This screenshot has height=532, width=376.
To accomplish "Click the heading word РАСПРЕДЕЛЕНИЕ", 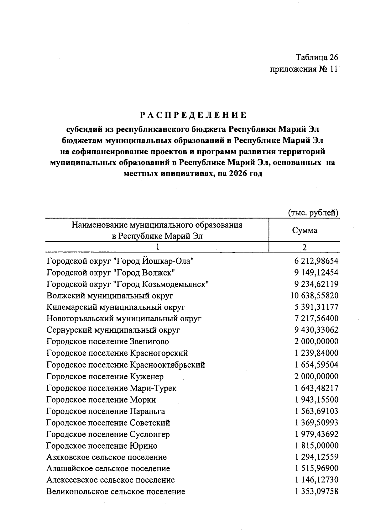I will point(193,115).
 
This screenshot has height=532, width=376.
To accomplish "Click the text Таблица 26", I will point(317,57).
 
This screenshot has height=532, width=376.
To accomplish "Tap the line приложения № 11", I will point(304,69).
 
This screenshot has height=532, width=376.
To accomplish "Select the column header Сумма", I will point(305,230).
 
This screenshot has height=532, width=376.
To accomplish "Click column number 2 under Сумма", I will point(304,247).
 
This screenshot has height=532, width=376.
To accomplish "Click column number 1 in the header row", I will point(157,247).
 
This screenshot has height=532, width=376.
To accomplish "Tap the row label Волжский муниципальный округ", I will point(110,296).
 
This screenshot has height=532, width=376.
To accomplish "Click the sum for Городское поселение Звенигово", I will point(316,341).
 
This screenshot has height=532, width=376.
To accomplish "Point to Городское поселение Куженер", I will point(105,377).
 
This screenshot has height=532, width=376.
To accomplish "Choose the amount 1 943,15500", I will point(316,400).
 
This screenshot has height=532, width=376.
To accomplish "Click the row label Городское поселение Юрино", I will point(102,446).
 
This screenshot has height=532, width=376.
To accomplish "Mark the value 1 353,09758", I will point(316,492).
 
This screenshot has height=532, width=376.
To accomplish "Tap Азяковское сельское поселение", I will point(107,457).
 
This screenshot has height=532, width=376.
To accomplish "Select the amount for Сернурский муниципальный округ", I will point(316,330).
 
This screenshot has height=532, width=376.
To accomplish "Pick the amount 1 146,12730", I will point(316,480).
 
